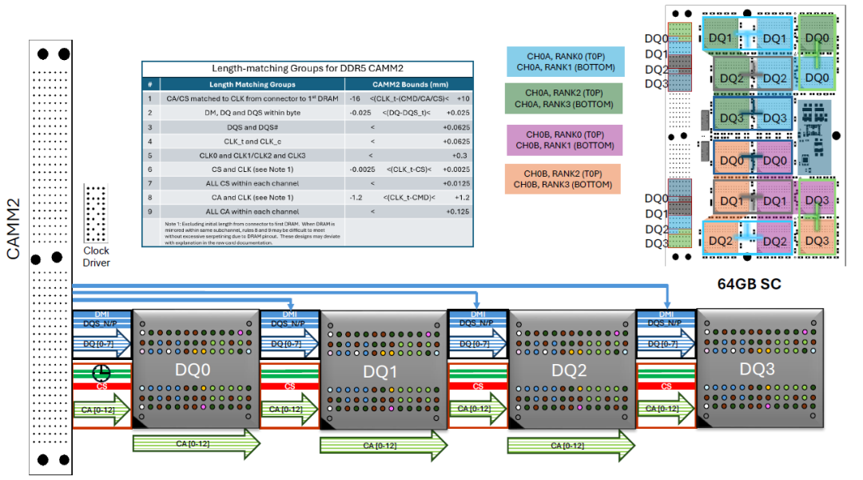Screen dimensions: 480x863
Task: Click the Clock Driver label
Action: click(x=96, y=257)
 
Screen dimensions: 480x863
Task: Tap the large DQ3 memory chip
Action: click(x=757, y=370)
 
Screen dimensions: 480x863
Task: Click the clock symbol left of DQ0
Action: click(x=101, y=373)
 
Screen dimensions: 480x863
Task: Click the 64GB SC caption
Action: click(x=749, y=284)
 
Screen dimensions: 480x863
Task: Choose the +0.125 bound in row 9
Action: click(x=457, y=211)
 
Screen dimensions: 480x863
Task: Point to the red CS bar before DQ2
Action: click(x=478, y=386)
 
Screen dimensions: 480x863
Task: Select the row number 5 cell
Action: click(x=149, y=154)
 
